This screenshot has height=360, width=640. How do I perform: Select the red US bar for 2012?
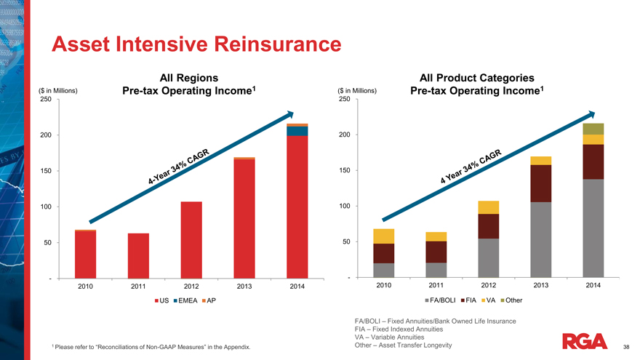coord(191,239)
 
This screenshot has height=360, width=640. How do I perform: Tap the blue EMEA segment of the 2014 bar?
coord(297,131)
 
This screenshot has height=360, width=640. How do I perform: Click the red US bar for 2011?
coord(138,255)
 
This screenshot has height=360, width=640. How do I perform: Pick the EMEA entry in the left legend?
coord(183,300)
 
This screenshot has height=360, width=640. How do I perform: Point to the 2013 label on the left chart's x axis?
coord(244,286)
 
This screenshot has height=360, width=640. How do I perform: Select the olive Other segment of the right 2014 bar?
coord(593,129)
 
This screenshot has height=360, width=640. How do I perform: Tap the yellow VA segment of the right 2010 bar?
coord(383,236)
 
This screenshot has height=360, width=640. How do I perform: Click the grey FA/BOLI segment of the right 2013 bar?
coord(540,239)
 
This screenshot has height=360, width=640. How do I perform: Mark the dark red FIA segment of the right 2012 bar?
coord(489,226)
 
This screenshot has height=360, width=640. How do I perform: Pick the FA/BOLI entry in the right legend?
coord(445,300)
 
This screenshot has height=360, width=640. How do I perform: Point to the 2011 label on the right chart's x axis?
coord(436,285)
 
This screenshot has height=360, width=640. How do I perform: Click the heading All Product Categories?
coord(477,78)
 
